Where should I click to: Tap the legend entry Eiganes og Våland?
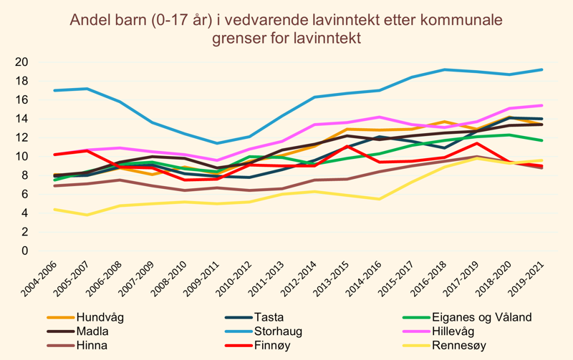tap(481, 317)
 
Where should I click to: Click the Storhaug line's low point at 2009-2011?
tap(218, 143)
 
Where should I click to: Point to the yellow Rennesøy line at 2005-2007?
tap(87, 215)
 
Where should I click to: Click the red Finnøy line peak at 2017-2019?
tap(476, 143)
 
